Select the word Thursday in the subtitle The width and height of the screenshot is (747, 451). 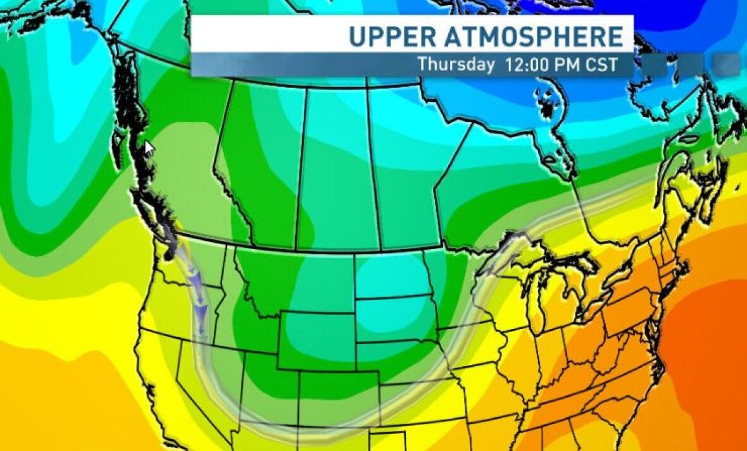click(x=456, y=65)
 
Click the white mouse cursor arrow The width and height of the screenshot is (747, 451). click(x=149, y=149)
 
